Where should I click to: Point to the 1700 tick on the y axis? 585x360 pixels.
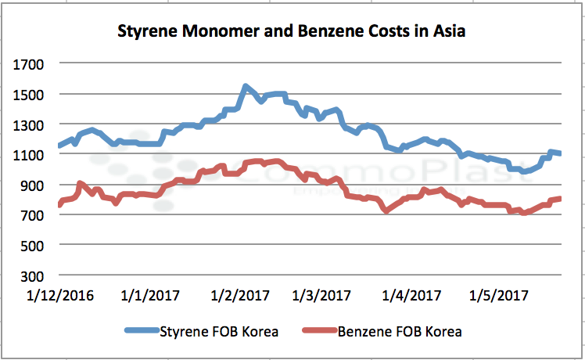[31, 63]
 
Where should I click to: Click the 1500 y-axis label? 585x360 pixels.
[31, 94]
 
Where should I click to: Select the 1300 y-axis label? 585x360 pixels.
[31, 124]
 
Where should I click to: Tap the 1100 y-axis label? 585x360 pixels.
[31, 155]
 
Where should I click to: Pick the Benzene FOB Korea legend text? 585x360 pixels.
[400, 331]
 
